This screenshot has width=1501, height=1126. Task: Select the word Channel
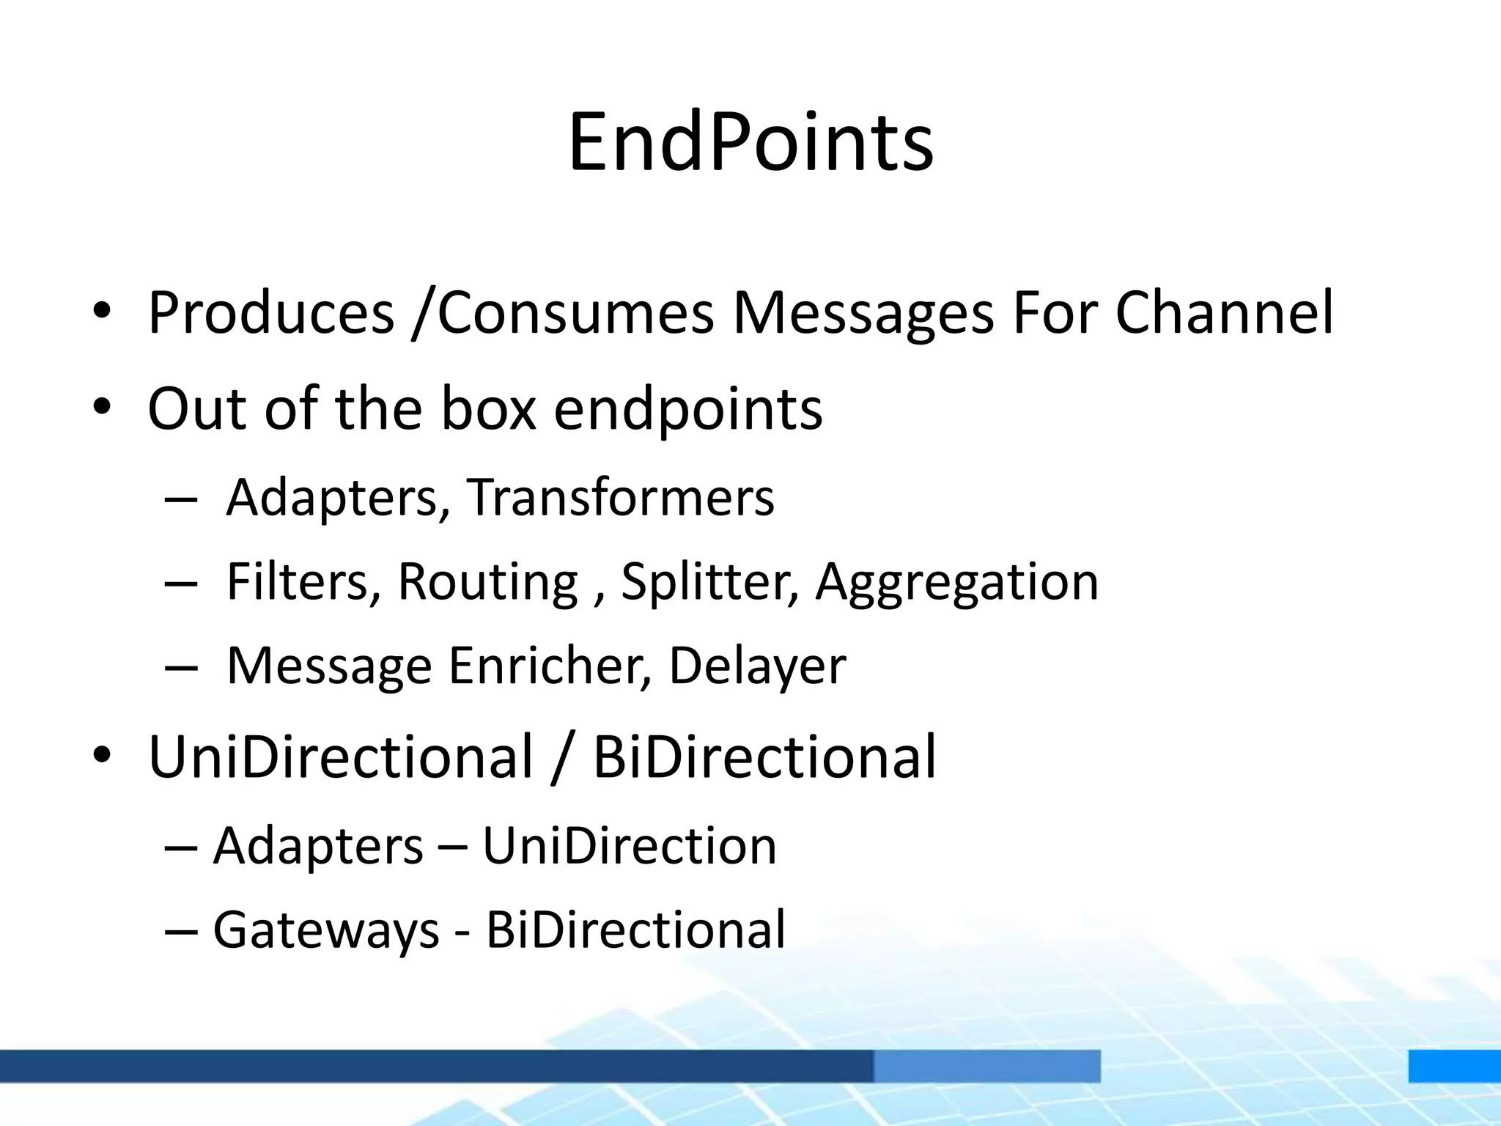(1224, 313)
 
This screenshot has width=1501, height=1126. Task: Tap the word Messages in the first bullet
(863, 313)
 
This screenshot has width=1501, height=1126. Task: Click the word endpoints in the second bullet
(687, 408)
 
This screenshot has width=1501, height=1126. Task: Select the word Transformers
(620, 498)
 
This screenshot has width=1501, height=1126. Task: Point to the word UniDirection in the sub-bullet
(629, 846)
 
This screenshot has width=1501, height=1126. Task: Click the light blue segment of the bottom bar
(986, 1065)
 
